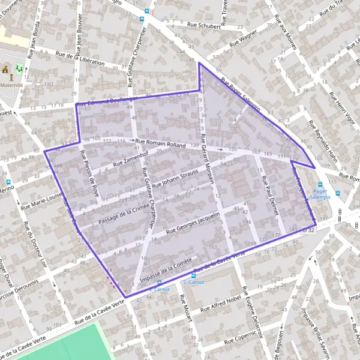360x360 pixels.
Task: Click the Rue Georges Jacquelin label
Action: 194,222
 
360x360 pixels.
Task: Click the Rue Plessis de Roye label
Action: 89,169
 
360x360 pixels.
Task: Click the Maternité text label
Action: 13,85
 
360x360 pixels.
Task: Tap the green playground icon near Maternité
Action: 19,69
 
